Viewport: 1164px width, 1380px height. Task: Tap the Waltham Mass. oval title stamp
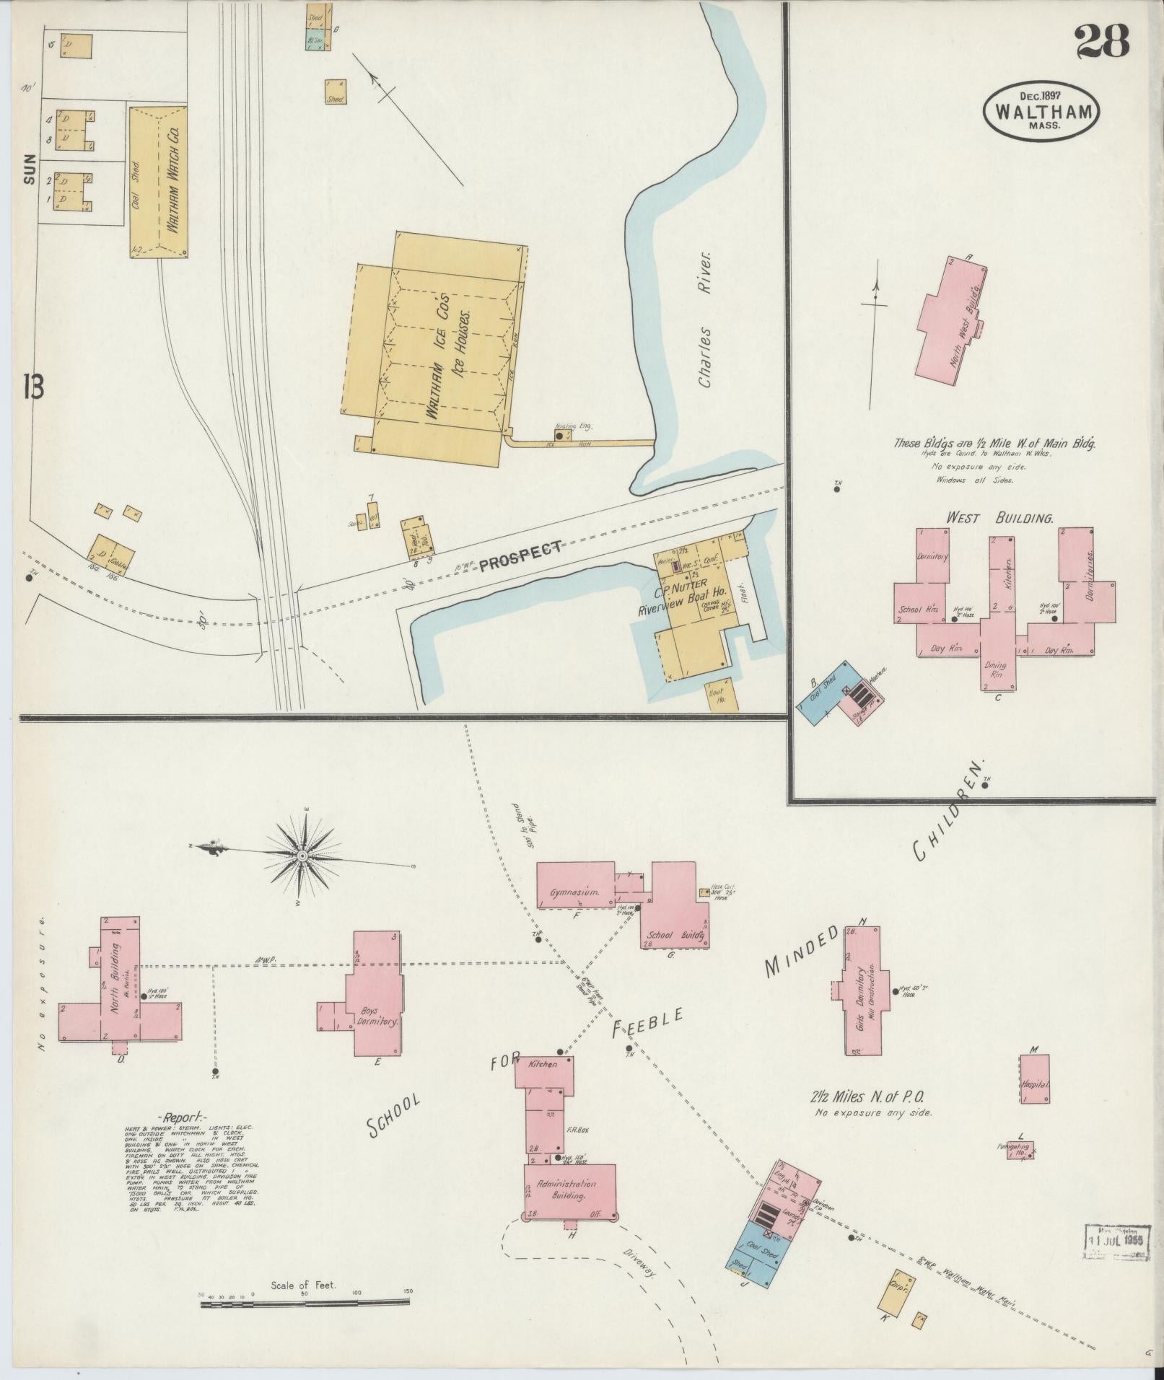coord(1041,110)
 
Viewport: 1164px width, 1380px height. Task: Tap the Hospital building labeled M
coord(1034,1079)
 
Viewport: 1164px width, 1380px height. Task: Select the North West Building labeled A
coord(950,317)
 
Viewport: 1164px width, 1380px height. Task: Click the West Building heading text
coord(999,517)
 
